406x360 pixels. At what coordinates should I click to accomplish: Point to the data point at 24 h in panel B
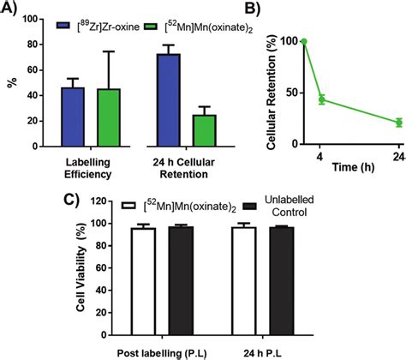click(397, 123)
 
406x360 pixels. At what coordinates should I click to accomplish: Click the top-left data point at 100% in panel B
click(303, 41)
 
